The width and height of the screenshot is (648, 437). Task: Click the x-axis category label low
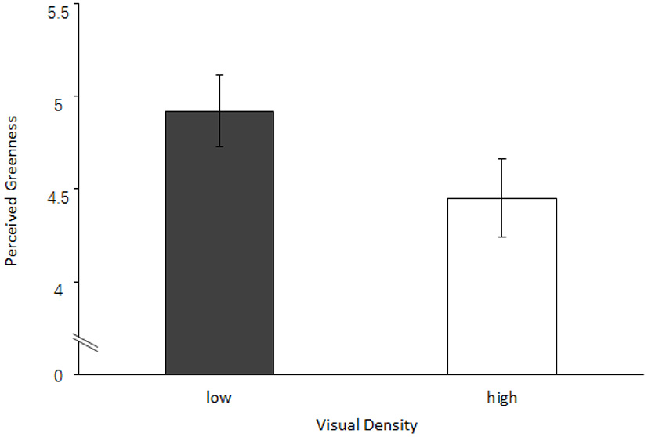[x=219, y=397]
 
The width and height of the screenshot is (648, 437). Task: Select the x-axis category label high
[x=501, y=397]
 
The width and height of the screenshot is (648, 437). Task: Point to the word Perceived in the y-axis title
[x=11, y=230]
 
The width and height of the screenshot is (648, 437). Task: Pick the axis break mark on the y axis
[x=86, y=343]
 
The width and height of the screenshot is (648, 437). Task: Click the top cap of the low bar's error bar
[x=220, y=75]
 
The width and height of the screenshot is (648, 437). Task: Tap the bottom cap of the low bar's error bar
[x=220, y=146]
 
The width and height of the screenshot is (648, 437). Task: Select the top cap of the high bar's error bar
[x=501, y=158]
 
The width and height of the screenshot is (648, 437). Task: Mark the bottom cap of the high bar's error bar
[x=501, y=237]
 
